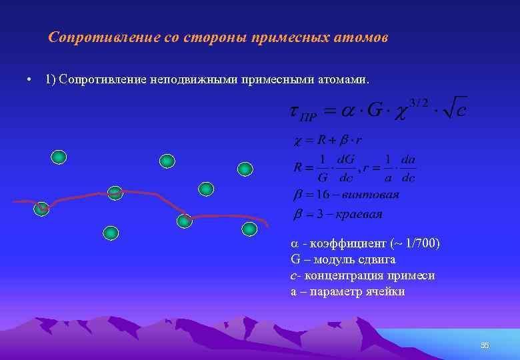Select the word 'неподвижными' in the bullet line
coord(191,80)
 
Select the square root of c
coord(453,108)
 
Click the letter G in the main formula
coord(376,110)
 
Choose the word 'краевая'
coord(359,214)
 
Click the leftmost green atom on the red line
coord(42,209)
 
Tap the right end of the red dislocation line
coord(267,225)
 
